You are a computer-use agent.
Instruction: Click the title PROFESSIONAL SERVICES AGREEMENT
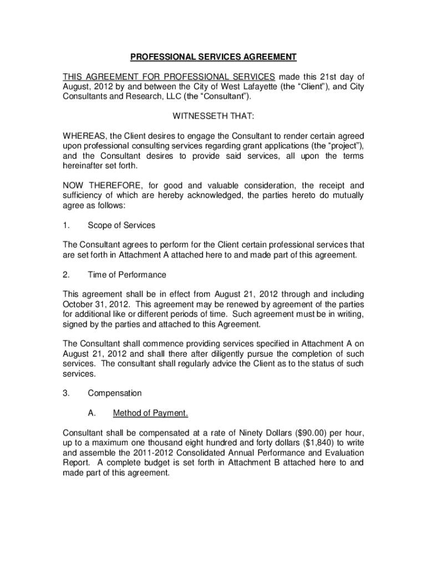tap(213, 57)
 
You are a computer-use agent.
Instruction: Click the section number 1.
tap(66, 225)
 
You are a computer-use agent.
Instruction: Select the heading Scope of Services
tap(121, 225)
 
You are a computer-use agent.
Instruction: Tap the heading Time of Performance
tap(127, 275)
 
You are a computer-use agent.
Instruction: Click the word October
tap(78, 305)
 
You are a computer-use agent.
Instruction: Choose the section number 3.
tap(66, 393)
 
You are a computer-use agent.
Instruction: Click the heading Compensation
tap(115, 393)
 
